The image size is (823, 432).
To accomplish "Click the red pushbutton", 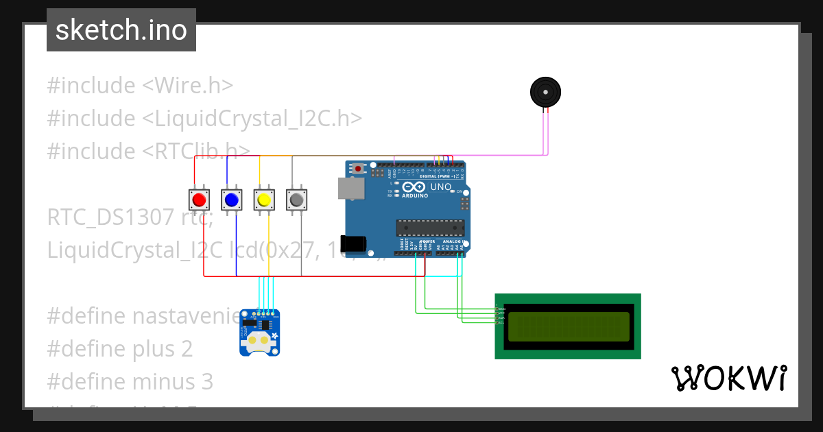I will pos(199,200).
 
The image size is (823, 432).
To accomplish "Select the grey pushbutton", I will pos(296,200).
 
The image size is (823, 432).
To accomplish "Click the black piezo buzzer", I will pos(545,92).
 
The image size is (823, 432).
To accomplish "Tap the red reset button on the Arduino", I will pos(358,168).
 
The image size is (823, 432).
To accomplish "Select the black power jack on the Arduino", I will pos(353,243).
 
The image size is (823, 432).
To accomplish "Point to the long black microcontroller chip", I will pos(430,228).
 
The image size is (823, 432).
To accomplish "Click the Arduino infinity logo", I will pos(414,187).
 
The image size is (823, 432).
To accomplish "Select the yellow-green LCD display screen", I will pos(569,326).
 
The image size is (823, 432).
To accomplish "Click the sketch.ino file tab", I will pos(121,30).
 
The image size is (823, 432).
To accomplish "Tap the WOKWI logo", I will pos(728,378).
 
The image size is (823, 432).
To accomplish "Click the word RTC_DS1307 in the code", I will pos(110,217).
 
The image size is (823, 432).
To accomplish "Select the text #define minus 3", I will pos(130,381).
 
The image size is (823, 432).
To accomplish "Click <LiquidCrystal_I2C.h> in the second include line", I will pos(252,118).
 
